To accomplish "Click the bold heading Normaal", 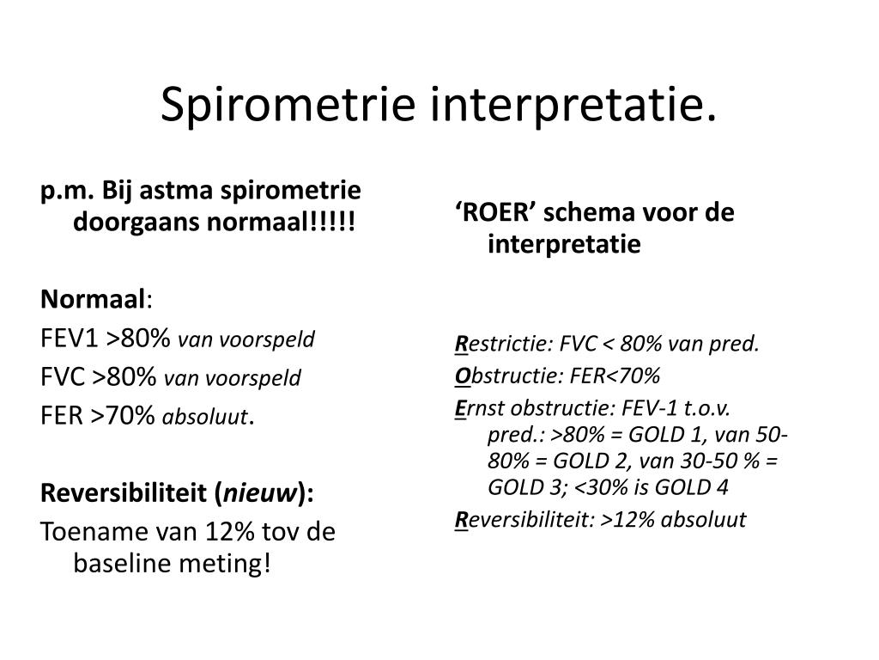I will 93,299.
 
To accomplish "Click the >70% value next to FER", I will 130,416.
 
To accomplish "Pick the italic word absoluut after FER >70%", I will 204,418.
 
